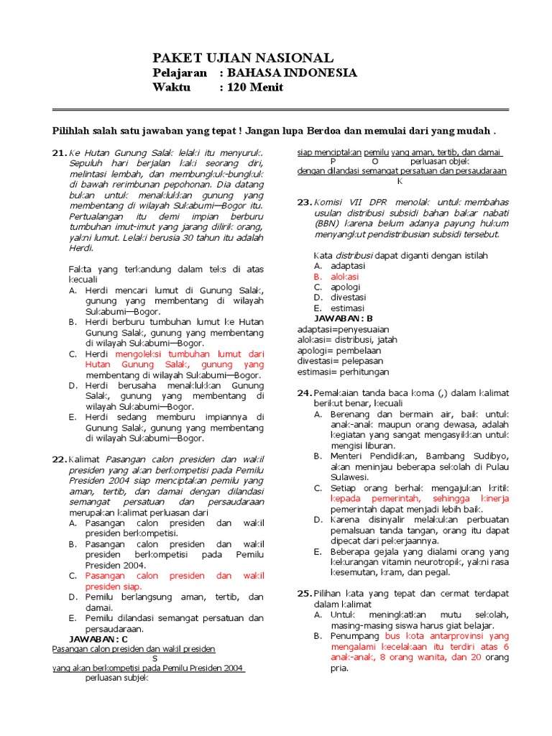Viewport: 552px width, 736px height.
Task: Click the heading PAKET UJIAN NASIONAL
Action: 243,57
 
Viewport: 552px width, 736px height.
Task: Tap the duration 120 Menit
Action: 255,87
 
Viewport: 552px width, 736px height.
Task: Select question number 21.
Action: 59,153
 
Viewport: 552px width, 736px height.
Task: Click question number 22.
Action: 59,459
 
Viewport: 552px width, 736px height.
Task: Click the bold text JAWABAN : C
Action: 98,638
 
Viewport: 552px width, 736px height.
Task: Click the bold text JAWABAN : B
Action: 344,318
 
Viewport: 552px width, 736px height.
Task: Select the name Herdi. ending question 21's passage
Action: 81,248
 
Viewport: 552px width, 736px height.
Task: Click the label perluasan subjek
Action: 116,678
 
